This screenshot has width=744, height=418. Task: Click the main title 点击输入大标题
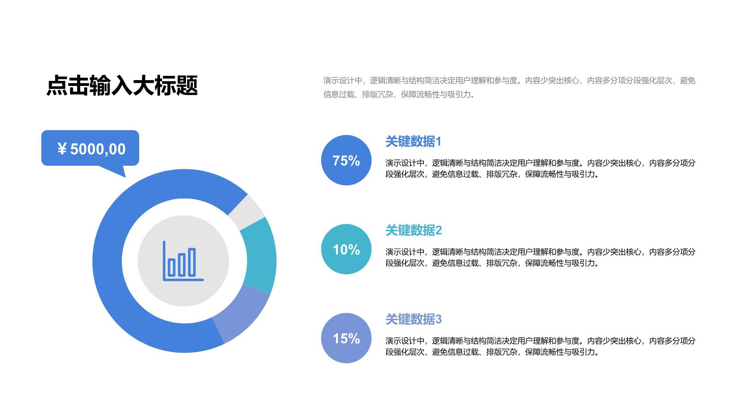pos(122,86)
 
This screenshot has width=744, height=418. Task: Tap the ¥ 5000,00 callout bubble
pos(90,148)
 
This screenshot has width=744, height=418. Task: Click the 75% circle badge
pos(346,160)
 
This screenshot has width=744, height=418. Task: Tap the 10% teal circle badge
pos(346,249)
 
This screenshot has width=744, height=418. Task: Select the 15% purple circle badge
pos(346,338)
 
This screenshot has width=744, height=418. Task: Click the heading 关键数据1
pos(413,142)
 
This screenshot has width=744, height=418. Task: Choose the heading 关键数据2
pos(413,231)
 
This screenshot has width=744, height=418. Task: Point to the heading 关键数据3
pos(413,320)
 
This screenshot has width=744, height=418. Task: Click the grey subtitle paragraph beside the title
pos(509,87)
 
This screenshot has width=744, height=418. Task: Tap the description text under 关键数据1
pos(540,168)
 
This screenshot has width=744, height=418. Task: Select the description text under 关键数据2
pos(540,257)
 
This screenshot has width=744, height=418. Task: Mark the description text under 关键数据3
pos(540,346)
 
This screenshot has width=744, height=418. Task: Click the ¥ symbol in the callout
pos(62,149)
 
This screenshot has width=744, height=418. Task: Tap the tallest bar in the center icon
pos(191,262)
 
